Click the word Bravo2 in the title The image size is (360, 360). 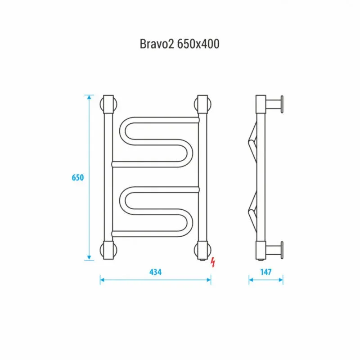pos(157,44)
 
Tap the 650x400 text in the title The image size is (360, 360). pos(198,44)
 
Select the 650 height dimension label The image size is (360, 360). pos(78,177)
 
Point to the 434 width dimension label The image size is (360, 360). pos(155,272)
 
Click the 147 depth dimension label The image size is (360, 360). pos(266,272)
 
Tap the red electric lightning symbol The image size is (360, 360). pos(213,262)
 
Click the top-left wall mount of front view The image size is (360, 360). pos(108,104)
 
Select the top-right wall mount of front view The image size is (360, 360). pos(202,104)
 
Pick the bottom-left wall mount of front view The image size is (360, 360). pos(108,250)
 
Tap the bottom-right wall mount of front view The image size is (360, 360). pos(202,250)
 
